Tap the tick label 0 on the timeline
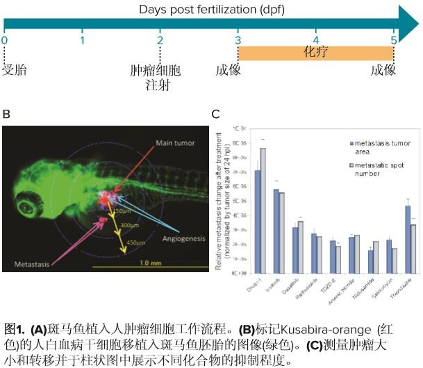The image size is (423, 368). click(x=4, y=41)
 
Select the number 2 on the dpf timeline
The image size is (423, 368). click(x=160, y=41)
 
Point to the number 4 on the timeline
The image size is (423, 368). click(x=316, y=41)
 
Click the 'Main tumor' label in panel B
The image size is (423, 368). click(x=176, y=143)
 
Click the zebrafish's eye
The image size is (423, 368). click(x=29, y=205)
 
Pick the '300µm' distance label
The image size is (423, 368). click(x=130, y=226)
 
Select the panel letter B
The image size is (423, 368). click(x=6, y=114)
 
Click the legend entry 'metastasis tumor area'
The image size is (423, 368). click(x=379, y=147)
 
